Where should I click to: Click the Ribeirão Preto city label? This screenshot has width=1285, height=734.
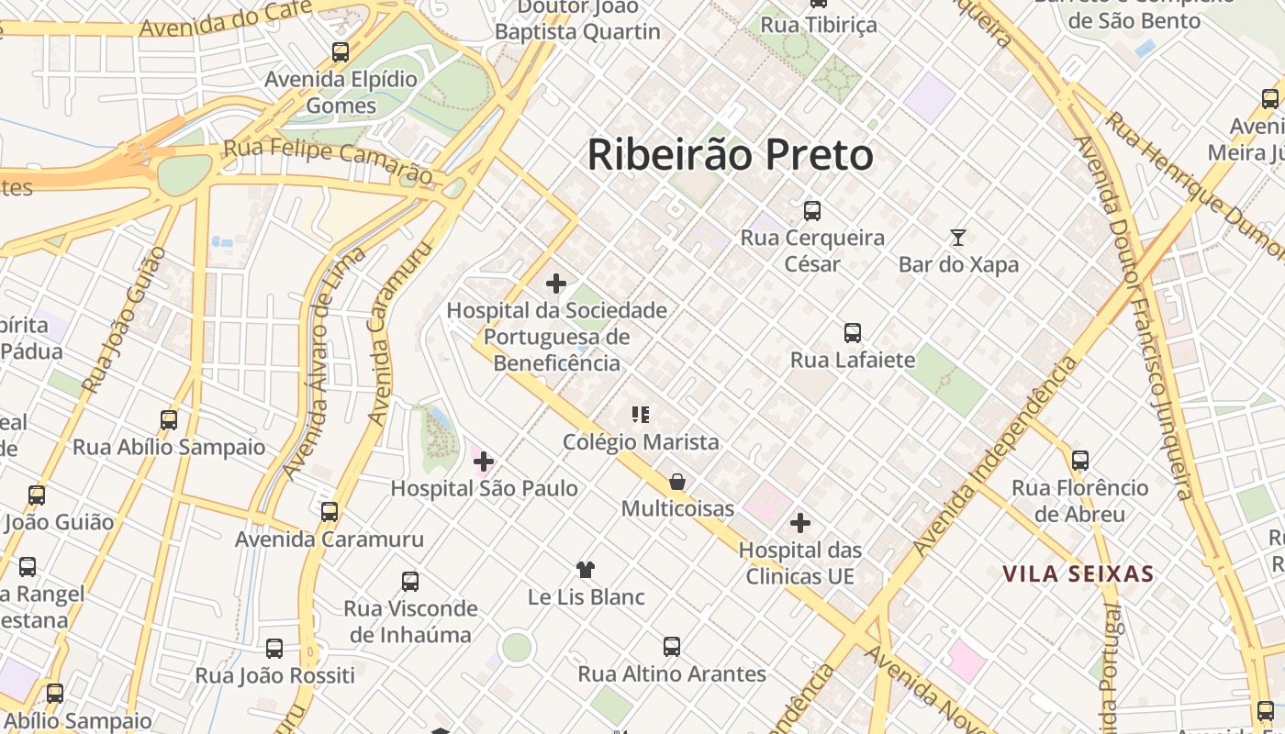point(731,155)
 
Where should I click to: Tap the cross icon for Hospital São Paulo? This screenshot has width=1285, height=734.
point(484,462)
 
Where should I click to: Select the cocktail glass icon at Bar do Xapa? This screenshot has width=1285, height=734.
point(958,238)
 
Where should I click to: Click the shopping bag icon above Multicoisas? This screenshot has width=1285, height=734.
point(677,482)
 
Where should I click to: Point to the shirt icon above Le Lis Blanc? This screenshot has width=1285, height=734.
point(586,570)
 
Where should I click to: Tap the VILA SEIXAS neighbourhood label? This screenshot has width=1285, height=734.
point(1078,575)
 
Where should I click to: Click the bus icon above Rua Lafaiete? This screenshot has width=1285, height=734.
point(853,333)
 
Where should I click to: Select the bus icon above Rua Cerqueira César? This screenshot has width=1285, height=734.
point(812,211)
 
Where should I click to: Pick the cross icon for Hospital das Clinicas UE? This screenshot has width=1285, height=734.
point(800,523)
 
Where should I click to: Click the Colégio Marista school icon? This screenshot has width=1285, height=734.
point(641,415)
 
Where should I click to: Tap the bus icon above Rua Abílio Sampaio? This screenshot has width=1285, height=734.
point(169,420)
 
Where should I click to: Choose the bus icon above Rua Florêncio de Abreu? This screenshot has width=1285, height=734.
point(1080,461)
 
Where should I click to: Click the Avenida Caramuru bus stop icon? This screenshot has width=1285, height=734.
point(330,512)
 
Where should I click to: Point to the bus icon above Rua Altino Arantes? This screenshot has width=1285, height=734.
point(672,647)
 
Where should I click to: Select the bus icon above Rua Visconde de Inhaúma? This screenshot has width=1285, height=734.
point(410,582)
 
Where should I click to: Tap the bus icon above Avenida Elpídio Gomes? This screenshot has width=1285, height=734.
point(341,52)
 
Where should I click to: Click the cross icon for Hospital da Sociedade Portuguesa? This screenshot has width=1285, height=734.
point(556,284)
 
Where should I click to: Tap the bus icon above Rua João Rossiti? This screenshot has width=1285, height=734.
point(274,649)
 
